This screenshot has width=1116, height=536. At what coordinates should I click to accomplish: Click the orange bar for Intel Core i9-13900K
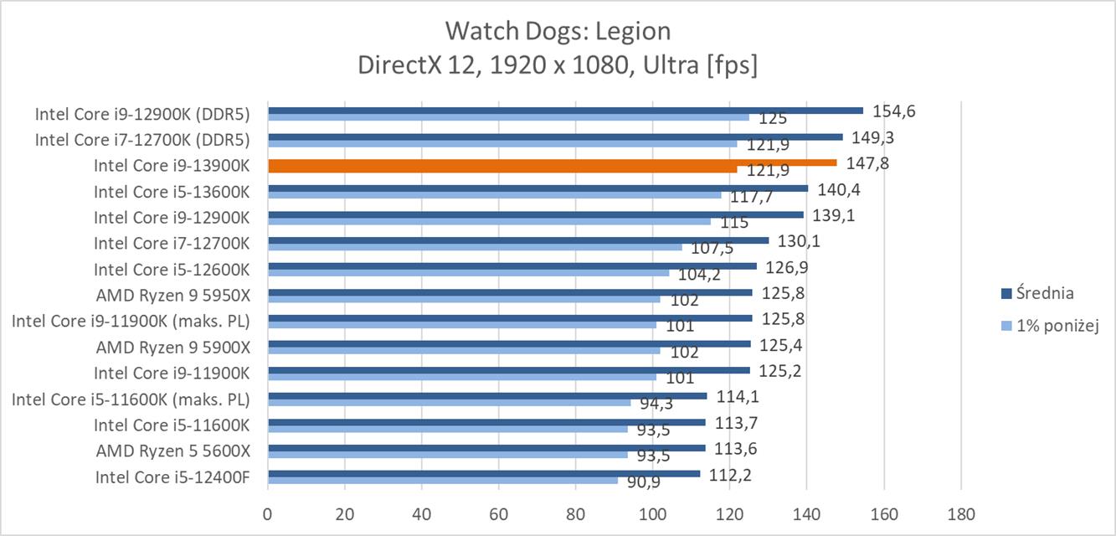click(552, 162)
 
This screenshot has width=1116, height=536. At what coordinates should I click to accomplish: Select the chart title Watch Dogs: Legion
click(558, 31)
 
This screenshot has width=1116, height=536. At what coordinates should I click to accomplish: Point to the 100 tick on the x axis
click(652, 513)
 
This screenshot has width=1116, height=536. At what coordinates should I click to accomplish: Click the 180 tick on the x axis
click(960, 513)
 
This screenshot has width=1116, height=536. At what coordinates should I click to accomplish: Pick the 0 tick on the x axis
click(268, 513)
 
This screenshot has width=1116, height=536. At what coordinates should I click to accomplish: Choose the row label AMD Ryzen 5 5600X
click(173, 451)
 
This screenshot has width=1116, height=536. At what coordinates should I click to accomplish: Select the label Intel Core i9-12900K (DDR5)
click(143, 113)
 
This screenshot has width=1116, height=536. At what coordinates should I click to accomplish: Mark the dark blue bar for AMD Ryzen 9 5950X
click(509, 292)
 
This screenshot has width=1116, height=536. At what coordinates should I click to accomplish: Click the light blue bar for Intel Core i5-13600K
click(494, 195)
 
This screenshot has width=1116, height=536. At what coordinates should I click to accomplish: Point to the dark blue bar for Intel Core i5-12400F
click(483, 473)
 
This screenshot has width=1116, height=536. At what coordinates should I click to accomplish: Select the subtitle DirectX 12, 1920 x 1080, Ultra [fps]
click(558, 64)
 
